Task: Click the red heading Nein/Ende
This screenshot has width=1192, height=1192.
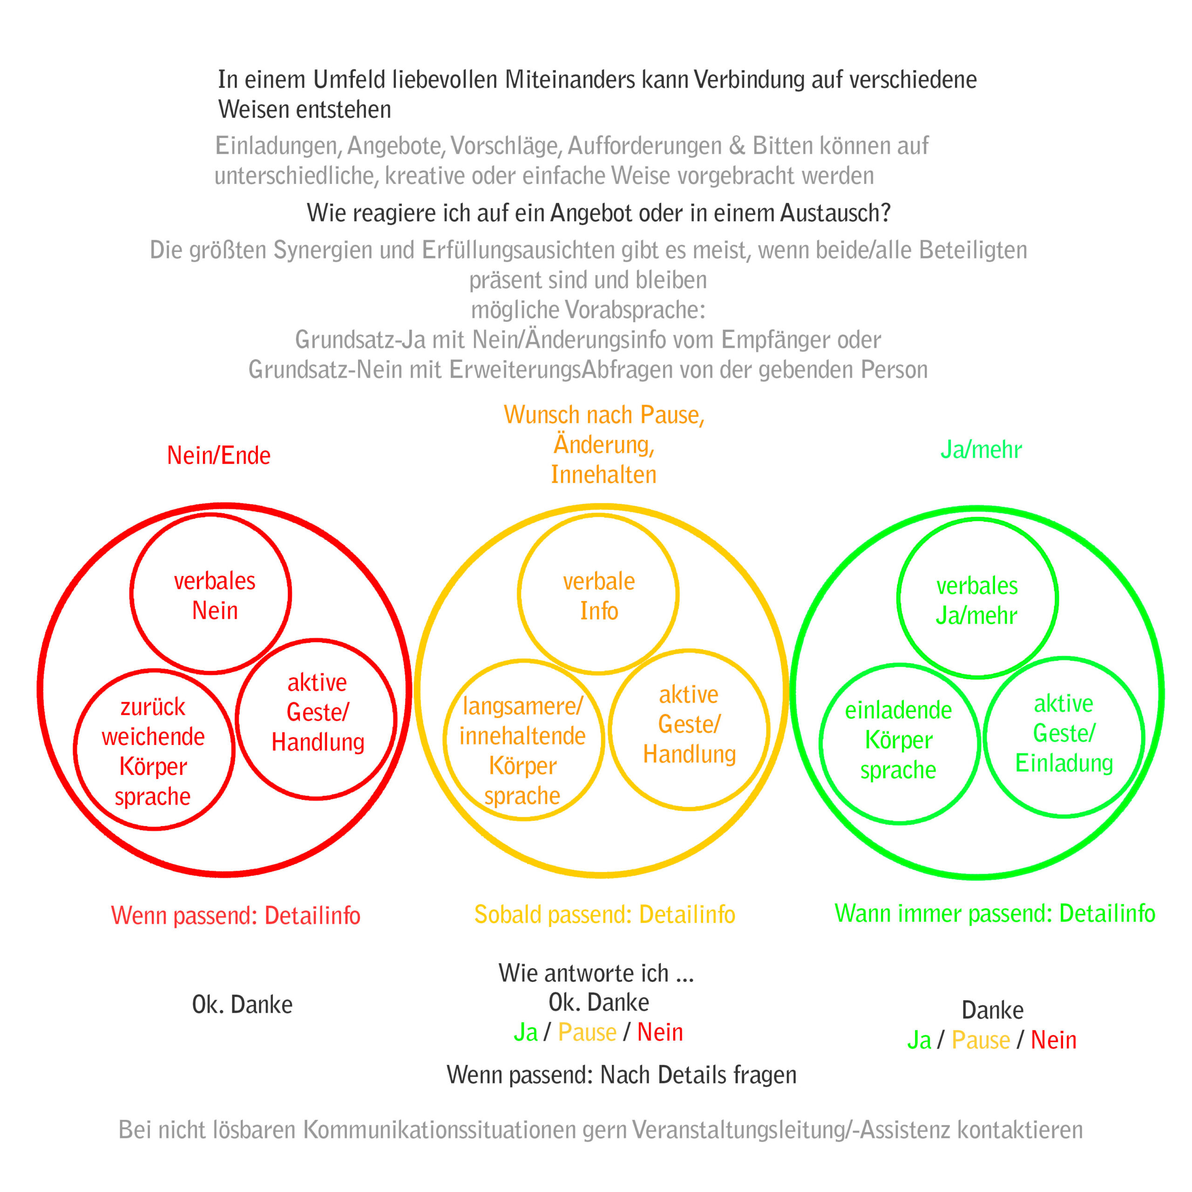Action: (x=218, y=456)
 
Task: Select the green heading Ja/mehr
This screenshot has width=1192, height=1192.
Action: (x=981, y=450)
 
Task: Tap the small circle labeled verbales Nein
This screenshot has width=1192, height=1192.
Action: (x=211, y=594)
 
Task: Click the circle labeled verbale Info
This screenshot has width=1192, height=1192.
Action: (x=598, y=595)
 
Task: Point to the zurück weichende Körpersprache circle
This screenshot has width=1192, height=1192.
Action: (x=154, y=750)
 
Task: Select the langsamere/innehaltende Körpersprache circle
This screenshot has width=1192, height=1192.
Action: (x=523, y=740)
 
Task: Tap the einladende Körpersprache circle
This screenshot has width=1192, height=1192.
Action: (x=900, y=744)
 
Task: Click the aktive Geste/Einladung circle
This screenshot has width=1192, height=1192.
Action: (x=1064, y=737)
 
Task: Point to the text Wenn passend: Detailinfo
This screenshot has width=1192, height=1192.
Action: (x=236, y=915)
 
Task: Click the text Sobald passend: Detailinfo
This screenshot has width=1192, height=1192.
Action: (x=605, y=915)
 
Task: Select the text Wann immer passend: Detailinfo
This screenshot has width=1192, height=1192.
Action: (x=995, y=914)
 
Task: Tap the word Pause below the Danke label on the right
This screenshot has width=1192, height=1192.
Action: (x=981, y=1040)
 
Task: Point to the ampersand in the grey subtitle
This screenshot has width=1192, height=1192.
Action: (x=737, y=146)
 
